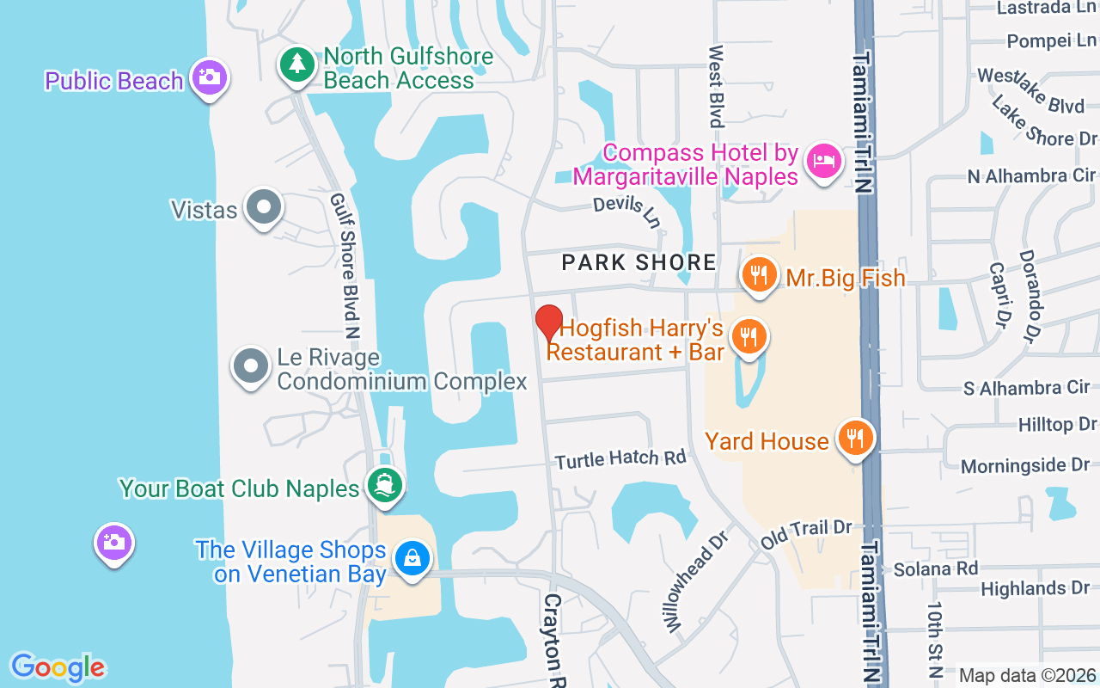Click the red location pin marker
tap(549, 323)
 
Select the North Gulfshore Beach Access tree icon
tap(297, 64)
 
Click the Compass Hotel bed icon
tap(823, 161)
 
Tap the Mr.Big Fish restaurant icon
tap(758, 275)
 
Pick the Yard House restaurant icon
tap(854, 439)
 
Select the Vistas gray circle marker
tap(263, 207)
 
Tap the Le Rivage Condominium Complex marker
tap(251, 366)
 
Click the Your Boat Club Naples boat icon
tap(385, 486)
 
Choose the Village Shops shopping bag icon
tap(412, 559)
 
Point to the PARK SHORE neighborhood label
tap(639, 262)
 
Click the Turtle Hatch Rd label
tap(620, 459)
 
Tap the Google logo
tap(58, 667)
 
